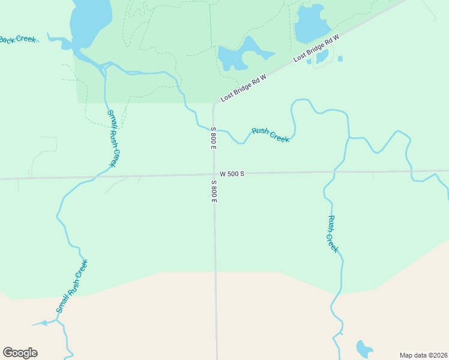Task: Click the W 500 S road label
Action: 232,173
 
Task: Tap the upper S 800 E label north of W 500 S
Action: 213,138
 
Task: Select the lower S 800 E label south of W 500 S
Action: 213,191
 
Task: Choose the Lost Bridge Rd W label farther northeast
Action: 316,49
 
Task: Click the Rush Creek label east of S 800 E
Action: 270,134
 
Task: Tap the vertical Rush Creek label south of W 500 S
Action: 333,234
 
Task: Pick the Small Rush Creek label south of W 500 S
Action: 72,286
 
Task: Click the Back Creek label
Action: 17,40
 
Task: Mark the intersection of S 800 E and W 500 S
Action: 214,175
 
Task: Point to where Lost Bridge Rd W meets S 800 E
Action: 214,104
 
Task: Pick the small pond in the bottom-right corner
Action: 364,349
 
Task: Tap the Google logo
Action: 20,353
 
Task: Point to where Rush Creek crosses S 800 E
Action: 214,130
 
